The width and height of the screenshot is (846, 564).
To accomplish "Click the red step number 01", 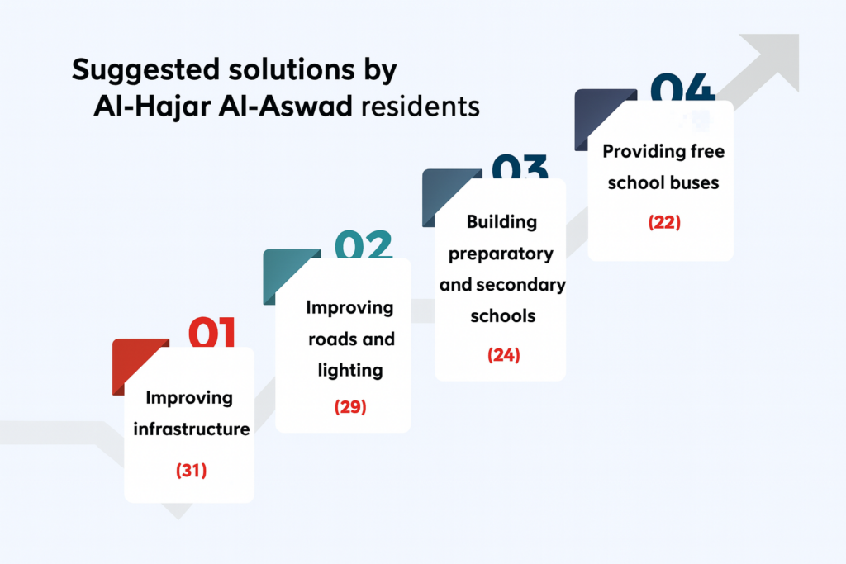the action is pos(211,332).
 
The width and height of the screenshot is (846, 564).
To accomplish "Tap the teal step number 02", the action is pos(364,244).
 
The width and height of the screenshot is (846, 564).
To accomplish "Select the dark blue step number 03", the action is pos(520,167).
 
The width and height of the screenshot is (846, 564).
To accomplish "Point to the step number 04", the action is pos(682,88).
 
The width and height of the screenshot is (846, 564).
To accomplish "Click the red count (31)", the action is pos(191,470).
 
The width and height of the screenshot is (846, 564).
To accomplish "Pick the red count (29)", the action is pos(350,406).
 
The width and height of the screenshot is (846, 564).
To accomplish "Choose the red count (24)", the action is pos(503,355).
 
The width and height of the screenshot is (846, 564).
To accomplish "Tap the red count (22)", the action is pos(664,222).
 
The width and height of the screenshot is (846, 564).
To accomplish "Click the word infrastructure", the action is pos(192,429).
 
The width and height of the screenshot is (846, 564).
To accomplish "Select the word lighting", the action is pos(350,371).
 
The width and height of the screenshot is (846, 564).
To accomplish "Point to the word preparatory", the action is pos(501,254).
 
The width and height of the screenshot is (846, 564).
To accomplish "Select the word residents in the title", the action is pos(421,107).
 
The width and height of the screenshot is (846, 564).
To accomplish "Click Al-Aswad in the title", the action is pos(285,106).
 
